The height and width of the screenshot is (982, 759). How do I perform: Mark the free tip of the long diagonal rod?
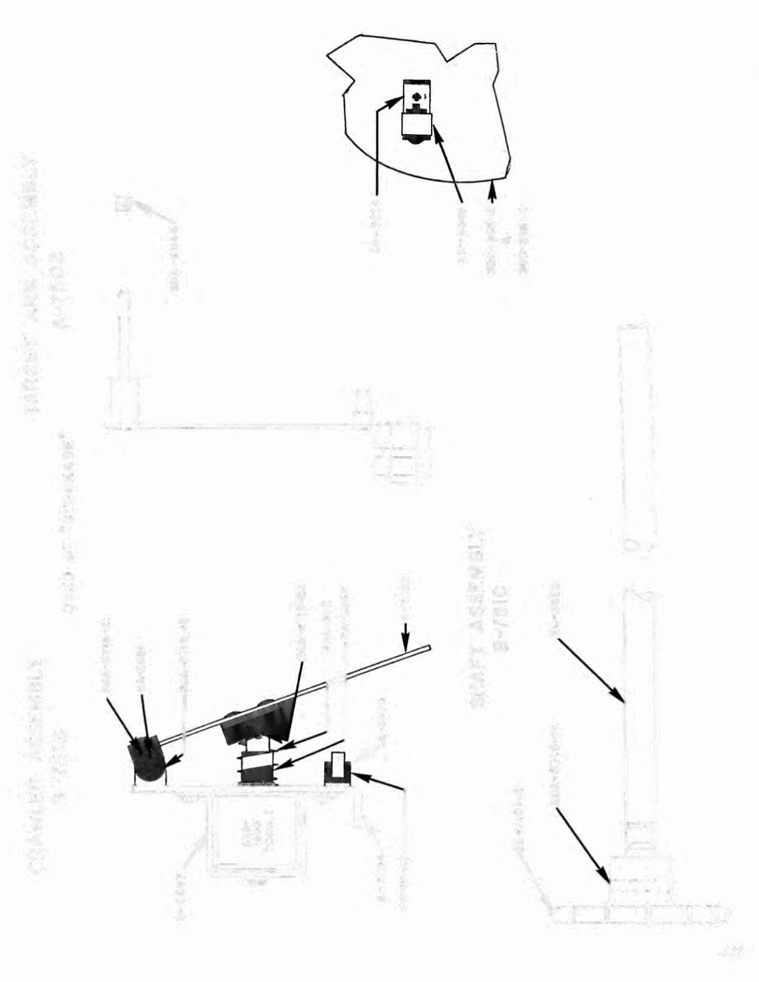(429, 648)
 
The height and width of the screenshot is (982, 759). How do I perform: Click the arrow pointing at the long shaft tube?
(590, 671)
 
